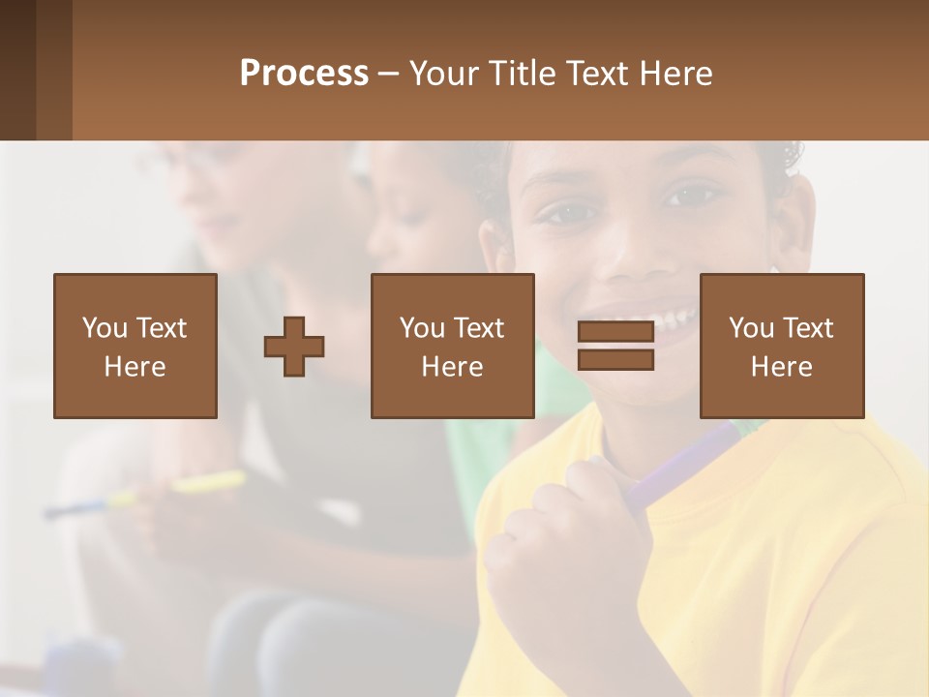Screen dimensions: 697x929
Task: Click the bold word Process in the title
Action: click(x=304, y=74)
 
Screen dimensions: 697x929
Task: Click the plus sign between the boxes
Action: click(x=294, y=347)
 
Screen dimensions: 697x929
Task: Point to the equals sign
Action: click(x=615, y=346)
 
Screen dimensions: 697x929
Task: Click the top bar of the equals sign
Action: click(x=615, y=332)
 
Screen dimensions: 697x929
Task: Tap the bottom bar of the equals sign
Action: click(x=615, y=360)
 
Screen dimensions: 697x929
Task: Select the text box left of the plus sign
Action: click(x=135, y=346)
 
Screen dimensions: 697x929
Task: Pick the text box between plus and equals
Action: click(x=452, y=346)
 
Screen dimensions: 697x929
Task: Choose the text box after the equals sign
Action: click(x=782, y=346)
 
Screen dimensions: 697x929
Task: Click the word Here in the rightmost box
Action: click(x=782, y=367)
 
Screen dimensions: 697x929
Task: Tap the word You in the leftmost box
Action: click(x=105, y=328)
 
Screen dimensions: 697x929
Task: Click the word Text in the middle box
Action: click(x=479, y=328)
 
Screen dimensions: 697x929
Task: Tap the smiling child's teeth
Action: click(x=668, y=315)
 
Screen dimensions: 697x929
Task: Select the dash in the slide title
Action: click(x=389, y=75)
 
